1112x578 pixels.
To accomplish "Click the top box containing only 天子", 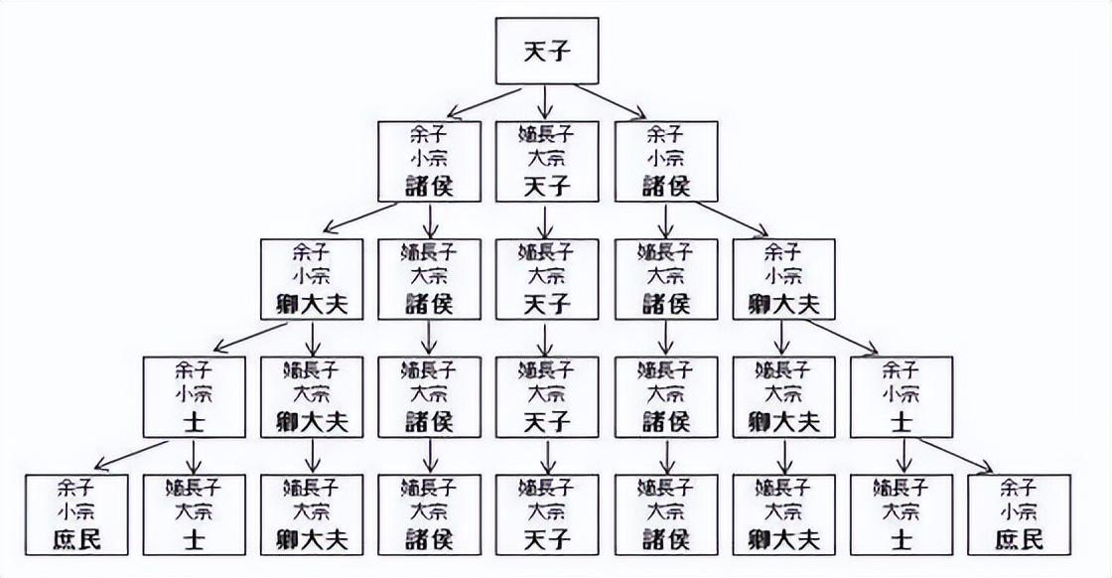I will pos(547,50).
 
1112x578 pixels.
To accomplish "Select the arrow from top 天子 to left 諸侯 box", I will pos(486,100).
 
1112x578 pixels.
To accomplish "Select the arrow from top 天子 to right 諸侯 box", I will pos(608,100).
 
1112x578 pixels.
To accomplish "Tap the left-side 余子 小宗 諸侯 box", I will pos(430,159).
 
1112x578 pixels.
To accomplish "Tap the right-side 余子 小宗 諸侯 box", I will pos(665,159).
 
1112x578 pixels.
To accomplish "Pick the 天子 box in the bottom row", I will pos(547,513).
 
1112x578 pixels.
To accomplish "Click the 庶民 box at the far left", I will pos(76,513).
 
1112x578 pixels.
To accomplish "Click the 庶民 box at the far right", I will pos(1019,513).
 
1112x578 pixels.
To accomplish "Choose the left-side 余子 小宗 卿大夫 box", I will pos(312,278).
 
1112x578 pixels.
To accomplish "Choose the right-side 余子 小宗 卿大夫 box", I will pos(783,278).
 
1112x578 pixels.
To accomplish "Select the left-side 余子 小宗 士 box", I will pos(195,396).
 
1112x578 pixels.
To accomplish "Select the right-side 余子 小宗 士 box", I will pos(902,396).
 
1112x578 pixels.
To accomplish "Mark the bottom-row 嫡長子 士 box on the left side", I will pos(195,513).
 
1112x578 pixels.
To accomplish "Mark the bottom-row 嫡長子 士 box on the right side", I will pos(902,513).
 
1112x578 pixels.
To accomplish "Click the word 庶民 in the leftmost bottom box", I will pos(76,540).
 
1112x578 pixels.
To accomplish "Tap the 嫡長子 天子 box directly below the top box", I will pos(547,159).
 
